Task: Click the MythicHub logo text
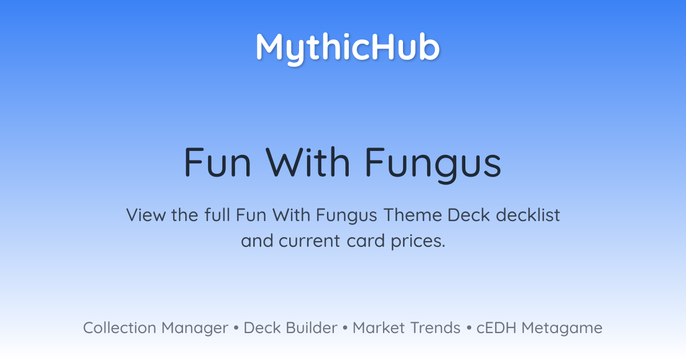pyautogui.click(x=348, y=49)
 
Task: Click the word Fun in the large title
pyautogui.click(x=217, y=162)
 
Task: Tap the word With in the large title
pyautogui.click(x=308, y=162)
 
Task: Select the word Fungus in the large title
pyautogui.click(x=433, y=165)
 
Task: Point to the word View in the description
pyautogui.click(x=146, y=215)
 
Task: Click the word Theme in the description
pyautogui.click(x=413, y=215)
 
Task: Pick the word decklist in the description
pyautogui.click(x=528, y=215)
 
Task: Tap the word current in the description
pyautogui.click(x=309, y=241)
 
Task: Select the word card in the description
pyautogui.click(x=366, y=241)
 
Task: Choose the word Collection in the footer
pyautogui.click(x=119, y=328)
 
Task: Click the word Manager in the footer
pyautogui.click(x=195, y=329)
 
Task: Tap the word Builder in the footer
pyautogui.click(x=312, y=328)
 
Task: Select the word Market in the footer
pyautogui.click(x=378, y=328)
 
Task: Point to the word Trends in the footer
pyautogui.click(x=435, y=328)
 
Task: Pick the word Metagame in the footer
pyautogui.click(x=562, y=329)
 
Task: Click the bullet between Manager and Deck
pyautogui.click(x=236, y=328)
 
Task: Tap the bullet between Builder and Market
pyautogui.click(x=345, y=328)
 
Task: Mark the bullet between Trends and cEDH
pyautogui.click(x=469, y=328)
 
